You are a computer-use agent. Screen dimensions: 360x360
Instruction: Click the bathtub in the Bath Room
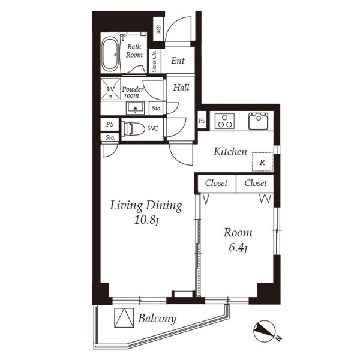110,54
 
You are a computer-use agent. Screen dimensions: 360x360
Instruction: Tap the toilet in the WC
133,128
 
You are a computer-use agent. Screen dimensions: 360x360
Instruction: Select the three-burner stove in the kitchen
224,121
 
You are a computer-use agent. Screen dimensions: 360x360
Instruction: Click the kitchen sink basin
259,121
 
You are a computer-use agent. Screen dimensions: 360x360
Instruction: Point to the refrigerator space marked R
262,162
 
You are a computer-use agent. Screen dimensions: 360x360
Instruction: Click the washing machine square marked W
110,89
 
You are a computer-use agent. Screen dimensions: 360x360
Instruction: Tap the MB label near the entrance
158,29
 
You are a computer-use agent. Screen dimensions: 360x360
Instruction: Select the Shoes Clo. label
154,61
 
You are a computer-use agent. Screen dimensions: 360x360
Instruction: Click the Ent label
178,61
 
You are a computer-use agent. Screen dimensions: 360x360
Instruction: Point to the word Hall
181,88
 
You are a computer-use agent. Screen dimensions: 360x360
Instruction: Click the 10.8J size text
146,220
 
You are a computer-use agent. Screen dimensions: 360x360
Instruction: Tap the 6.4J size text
238,248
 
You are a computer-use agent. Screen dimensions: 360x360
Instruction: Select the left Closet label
216,183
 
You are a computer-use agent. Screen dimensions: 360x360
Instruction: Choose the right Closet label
256,183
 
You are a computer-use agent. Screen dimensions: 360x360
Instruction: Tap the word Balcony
157,319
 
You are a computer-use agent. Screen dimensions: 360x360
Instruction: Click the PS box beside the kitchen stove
202,121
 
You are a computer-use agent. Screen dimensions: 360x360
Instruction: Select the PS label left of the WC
110,124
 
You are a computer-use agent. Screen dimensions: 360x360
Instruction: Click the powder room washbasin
135,108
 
